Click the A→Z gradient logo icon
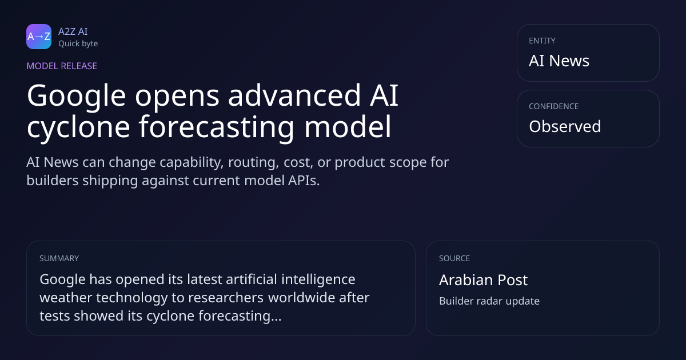pos(39,37)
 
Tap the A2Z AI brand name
pos(73,31)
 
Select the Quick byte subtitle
pos(78,44)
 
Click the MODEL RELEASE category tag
pos(62,66)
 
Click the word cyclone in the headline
pos(78,127)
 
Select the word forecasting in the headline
pos(216,127)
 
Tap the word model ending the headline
pos(348,126)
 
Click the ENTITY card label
pos(542,41)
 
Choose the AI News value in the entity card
pos(559,61)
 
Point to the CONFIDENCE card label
pos(554,106)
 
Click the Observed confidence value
pos(565,126)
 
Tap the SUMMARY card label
pos(59,258)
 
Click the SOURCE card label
pos(454,258)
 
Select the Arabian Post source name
pos(483,280)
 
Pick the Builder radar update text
pos(489,301)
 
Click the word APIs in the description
pos(304,181)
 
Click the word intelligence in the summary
pos(318,280)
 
